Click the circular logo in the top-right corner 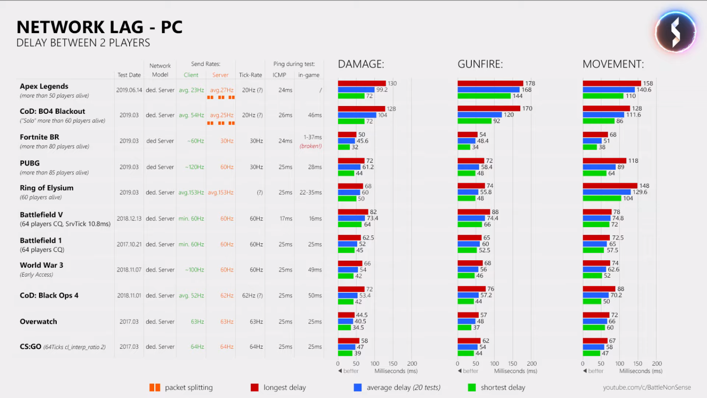(675, 32)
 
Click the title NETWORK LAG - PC (99, 27)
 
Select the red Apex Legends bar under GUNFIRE (490, 84)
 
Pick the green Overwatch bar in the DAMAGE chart (344, 328)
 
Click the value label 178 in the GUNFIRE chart (530, 84)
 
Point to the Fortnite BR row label (39, 137)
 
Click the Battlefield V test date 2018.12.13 (129, 219)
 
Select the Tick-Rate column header (250, 75)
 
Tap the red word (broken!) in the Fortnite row (310, 146)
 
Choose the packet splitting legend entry (181, 388)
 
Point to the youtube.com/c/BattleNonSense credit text (647, 387)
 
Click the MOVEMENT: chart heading (613, 64)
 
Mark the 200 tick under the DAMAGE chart (412, 364)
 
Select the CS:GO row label (31, 347)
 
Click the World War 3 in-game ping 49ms (315, 270)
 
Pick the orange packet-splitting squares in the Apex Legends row (221, 98)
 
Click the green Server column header (220, 75)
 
